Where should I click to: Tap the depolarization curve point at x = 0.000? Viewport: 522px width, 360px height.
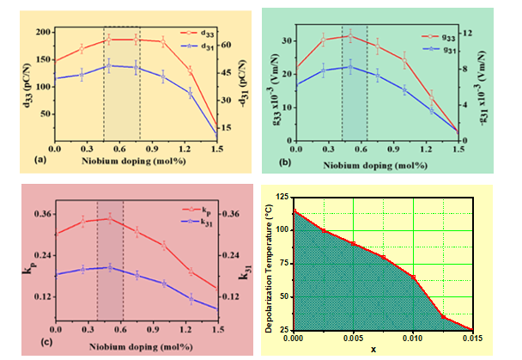[x=294, y=211]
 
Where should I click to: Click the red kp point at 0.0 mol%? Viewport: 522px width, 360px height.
[x=56, y=234]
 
